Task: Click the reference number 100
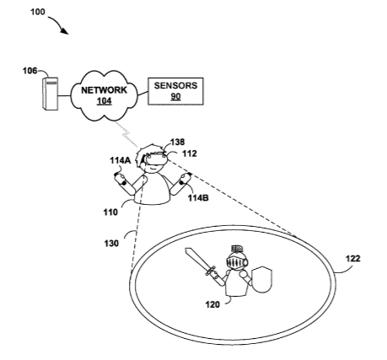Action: click(x=38, y=12)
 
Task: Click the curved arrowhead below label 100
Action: click(x=65, y=30)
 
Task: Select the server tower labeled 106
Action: click(x=51, y=94)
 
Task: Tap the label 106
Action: click(x=30, y=71)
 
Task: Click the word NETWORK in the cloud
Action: click(x=104, y=90)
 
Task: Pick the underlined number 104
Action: click(x=105, y=101)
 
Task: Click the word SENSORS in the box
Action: click(x=175, y=85)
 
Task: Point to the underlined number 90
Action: click(x=175, y=96)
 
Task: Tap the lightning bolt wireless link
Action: click(x=126, y=133)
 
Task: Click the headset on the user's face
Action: click(x=156, y=159)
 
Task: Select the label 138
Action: click(x=178, y=142)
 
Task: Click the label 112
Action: click(x=190, y=153)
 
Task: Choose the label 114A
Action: click(x=121, y=160)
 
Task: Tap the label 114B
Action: click(x=198, y=198)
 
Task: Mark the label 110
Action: click(x=110, y=212)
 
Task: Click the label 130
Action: click(x=111, y=244)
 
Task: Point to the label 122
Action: click(x=352, y=259)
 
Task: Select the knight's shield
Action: click(x=261, y=280)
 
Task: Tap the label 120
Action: click(x=212, y=304)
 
